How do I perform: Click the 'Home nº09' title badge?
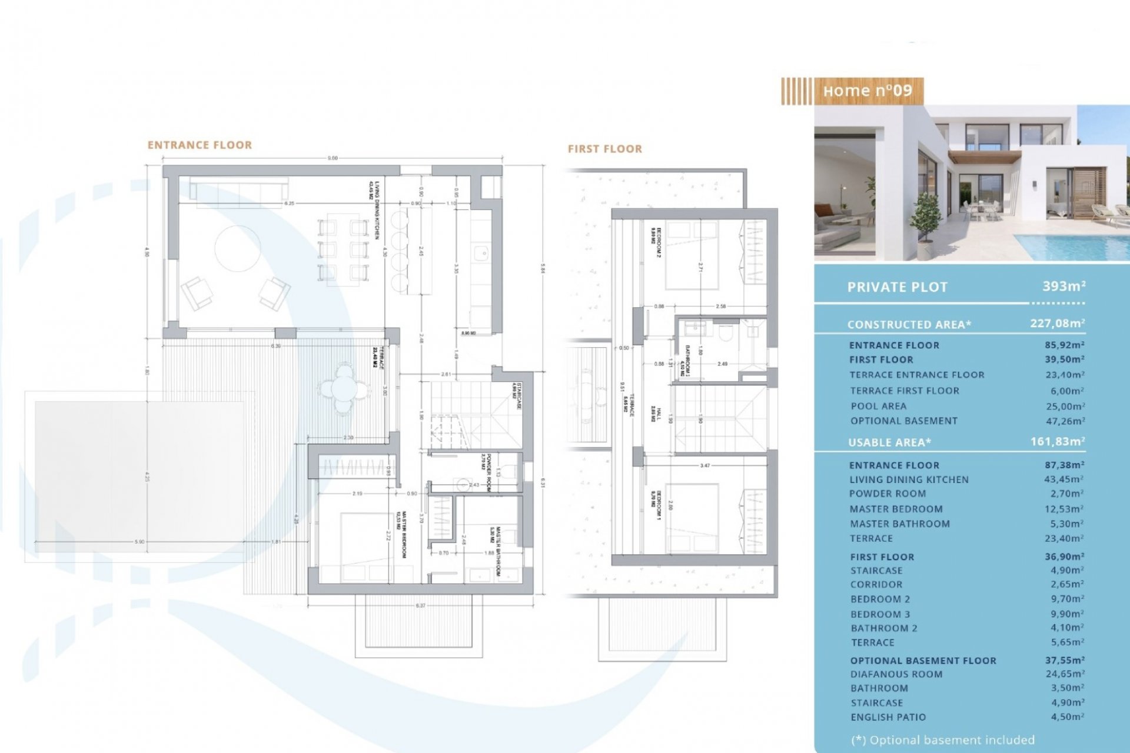point(867,91)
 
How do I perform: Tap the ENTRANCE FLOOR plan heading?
point(200,145)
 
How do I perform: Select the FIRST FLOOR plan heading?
point(604,149)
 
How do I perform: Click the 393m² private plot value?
point(1063,286)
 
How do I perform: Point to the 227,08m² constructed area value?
point(1057,324)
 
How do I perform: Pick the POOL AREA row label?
point(878,406)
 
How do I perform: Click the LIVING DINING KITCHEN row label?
point(909,479)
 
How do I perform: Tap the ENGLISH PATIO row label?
point(888,717)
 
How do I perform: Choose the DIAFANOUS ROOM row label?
point(896,674)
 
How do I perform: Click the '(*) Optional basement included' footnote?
point(942,740)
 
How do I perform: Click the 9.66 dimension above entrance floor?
point(333,158)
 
